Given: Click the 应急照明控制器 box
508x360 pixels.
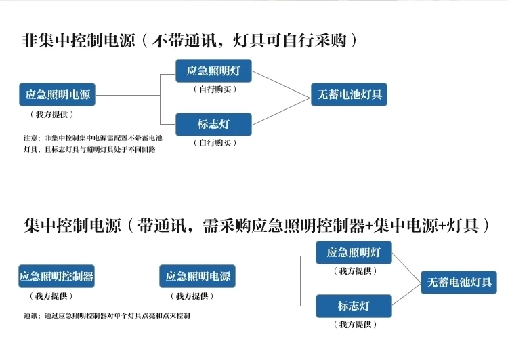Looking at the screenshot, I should [56, 277].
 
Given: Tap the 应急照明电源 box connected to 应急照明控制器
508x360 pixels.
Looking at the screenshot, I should [198, 277].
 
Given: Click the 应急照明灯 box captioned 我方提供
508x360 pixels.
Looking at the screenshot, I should [354, 253].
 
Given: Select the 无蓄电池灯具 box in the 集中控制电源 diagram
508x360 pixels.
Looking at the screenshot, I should [459, 282].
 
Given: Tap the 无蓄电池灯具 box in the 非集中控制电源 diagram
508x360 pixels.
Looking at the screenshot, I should [350, 95].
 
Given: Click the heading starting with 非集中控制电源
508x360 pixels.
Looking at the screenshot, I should [188, 40].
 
